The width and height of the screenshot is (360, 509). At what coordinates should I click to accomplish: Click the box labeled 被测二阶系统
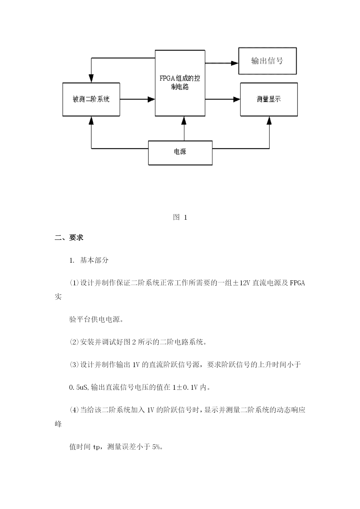click(91, 99)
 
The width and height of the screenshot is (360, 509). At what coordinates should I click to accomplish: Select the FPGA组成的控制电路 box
click(180, 83)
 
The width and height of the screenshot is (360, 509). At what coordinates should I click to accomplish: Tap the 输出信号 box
click(267, 61)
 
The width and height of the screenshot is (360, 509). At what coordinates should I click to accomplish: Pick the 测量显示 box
click(269, 99)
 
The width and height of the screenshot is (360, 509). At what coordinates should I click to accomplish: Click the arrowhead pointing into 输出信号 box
click(235, 63)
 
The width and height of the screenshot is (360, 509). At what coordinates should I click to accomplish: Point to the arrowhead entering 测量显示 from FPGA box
click(237, 100)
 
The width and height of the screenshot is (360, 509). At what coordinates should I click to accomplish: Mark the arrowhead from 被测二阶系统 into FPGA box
click(151, 100)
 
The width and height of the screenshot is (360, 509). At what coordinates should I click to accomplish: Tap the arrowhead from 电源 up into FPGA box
click(184, 120)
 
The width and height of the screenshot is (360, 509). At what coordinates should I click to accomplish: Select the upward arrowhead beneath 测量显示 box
click(269, 120)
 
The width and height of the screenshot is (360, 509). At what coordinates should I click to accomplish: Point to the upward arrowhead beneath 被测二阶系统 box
click(91, 120)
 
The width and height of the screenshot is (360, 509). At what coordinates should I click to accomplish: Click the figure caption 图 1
click(180, 217)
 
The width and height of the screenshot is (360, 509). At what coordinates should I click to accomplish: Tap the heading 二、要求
click(69, 238)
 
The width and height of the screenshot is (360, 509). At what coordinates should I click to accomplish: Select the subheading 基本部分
click(94, 260)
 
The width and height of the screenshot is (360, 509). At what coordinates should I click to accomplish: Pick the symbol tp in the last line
click(97, 447)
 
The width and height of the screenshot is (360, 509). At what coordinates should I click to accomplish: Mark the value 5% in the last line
click(156, 447)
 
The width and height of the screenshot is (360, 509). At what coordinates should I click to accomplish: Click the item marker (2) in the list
click(74, 342)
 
